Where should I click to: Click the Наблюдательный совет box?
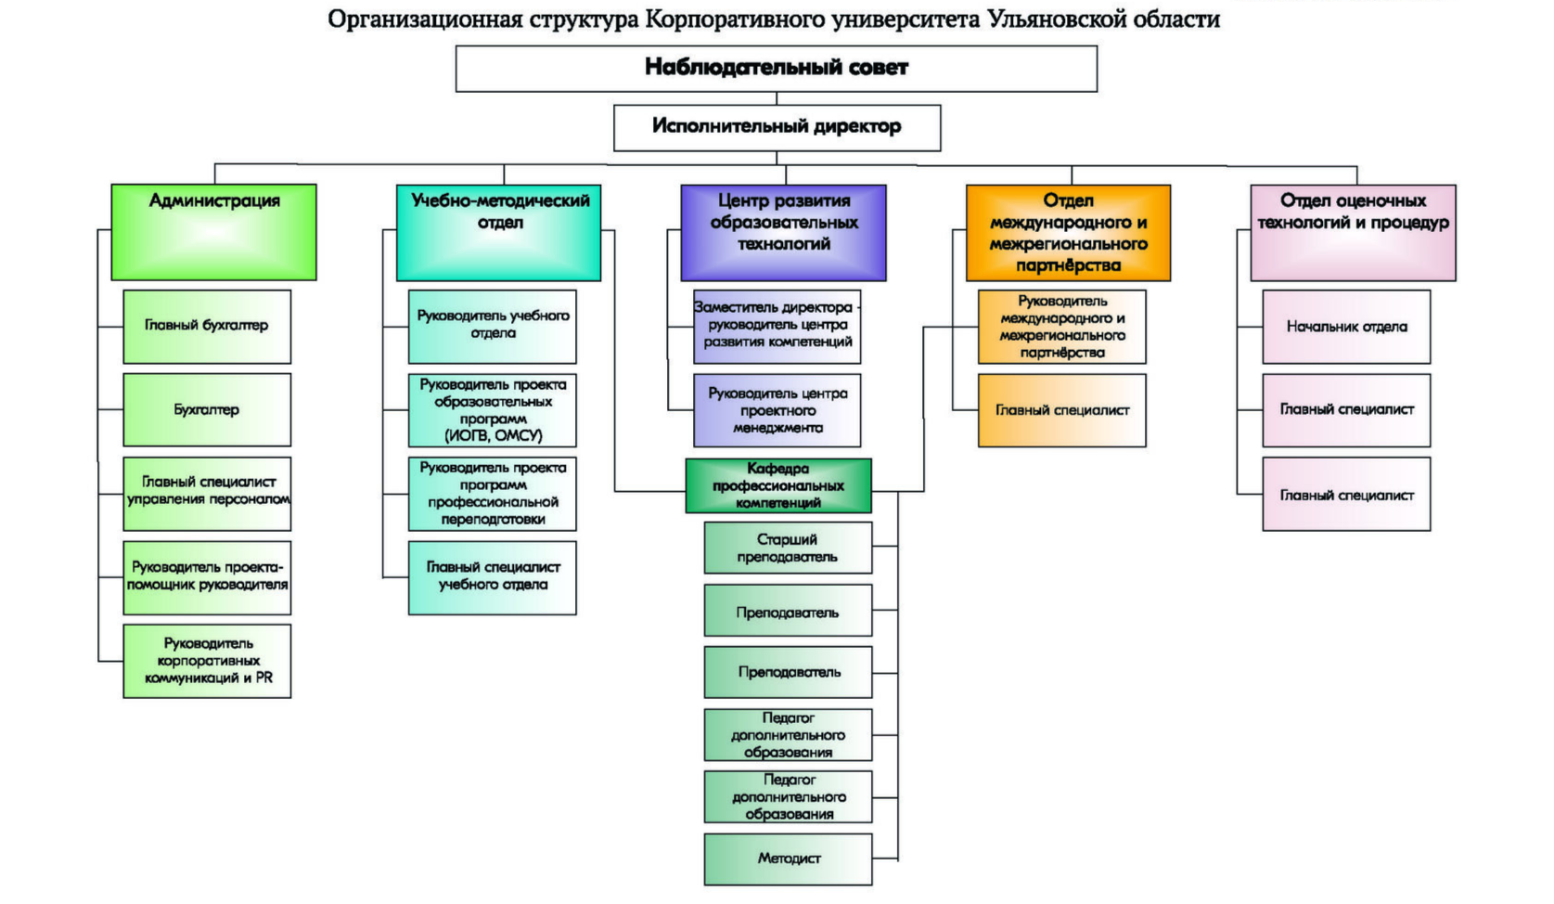[x=776, y=69]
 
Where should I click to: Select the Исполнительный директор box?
[x=777, y=127]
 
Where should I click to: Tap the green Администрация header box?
[x=213, y=232]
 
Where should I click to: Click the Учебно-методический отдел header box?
[x=498, y=232]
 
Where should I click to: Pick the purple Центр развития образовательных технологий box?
[x=783, y=232]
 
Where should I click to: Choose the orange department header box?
[x=1068, y=232]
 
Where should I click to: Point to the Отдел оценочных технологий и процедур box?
[x=1353, y=232]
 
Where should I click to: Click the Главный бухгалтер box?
[x=207, y=327]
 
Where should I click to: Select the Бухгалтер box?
[x=207, y=410]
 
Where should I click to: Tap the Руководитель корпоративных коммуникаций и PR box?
[x=207, y=661]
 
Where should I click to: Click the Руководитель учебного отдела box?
[x=492, y=327]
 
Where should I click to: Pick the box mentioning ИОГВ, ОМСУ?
[x=492, y=410]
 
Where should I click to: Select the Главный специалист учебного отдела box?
[x=492, y=577]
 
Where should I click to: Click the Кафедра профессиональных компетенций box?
[x=778, y=485]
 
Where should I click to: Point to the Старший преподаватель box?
[x=788, y=548]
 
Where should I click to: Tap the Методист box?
[x=788, y=859]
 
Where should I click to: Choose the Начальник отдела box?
[x=1346, y=327]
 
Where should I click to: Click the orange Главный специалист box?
[x=1061, y=410]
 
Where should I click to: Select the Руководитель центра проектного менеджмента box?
[x=777, y=410]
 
